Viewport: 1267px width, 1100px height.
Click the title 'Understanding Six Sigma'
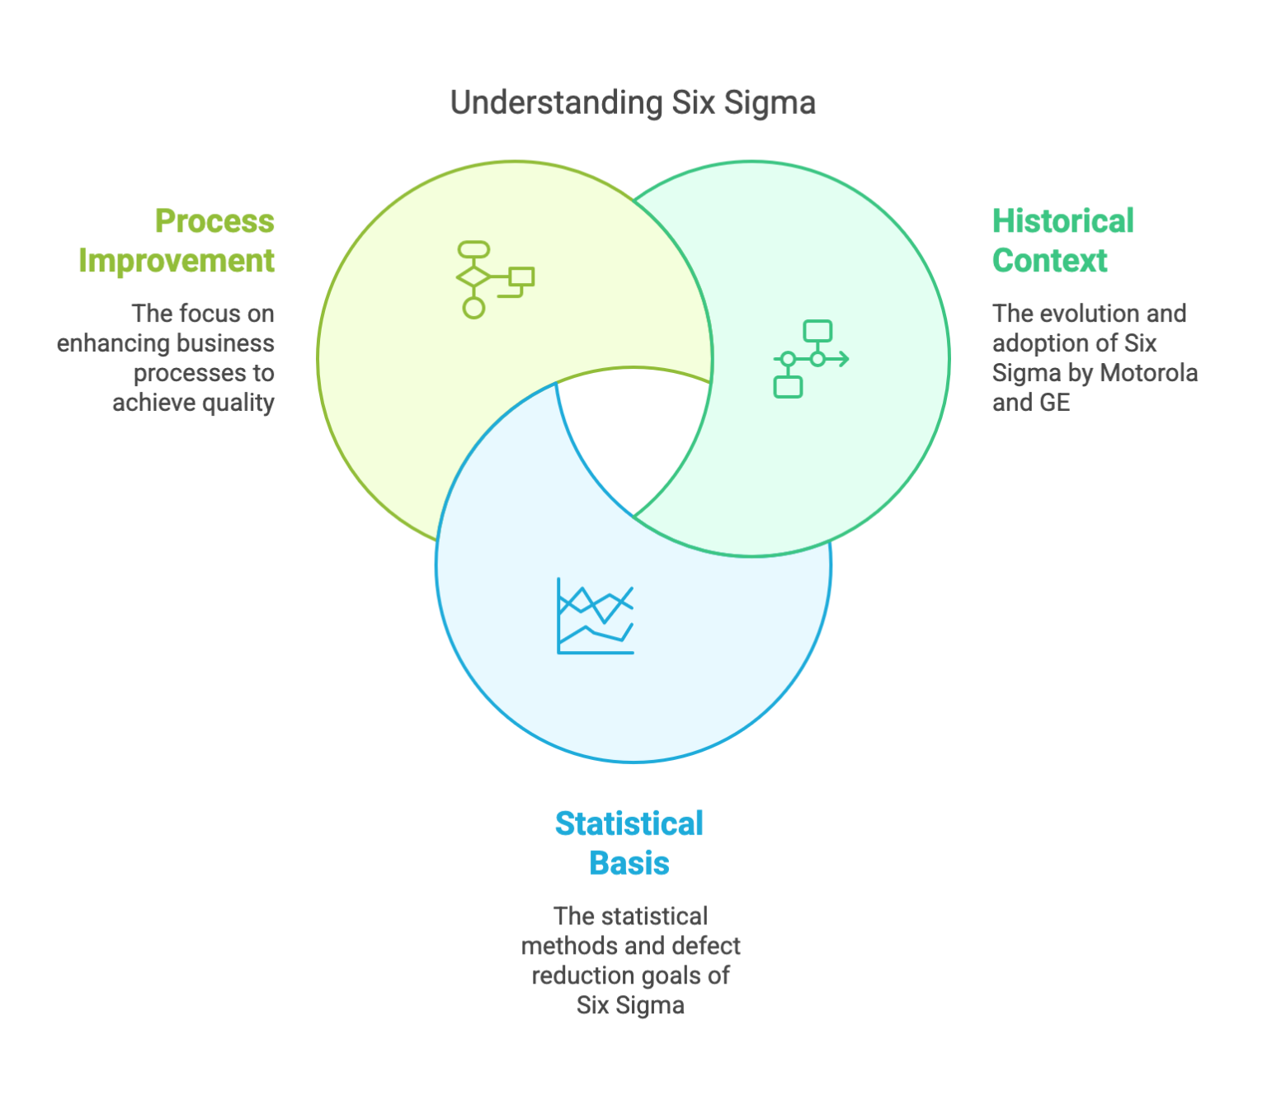tap(633, 103)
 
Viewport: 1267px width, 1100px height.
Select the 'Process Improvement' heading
tap(177, 241)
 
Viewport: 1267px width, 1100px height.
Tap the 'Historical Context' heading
tap(1062, 241)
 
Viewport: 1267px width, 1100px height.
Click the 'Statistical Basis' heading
tap(629, 843)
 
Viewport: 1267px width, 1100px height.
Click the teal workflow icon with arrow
tap(811, 359)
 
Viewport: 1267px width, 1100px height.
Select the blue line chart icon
tap(596, 616)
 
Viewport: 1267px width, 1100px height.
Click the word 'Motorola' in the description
tap(1148, 373)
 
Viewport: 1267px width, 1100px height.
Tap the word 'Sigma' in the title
tap(769, 103)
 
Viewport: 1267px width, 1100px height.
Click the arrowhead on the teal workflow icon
tap(844, 359)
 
